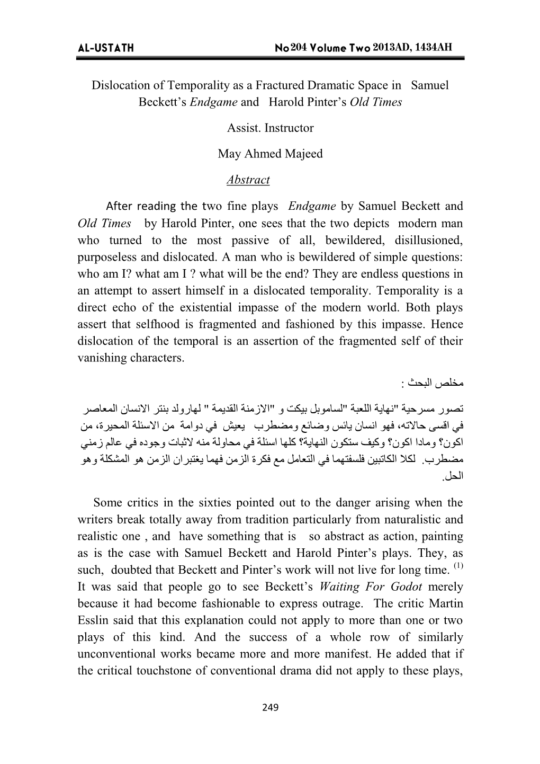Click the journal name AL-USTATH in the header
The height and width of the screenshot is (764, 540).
[x=106, y=48]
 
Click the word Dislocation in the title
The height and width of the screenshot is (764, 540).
[x=122, y=85]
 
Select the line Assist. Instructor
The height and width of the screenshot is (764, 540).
[x=270, y=128]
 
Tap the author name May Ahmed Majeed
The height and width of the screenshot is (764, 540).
[x=270, y=154]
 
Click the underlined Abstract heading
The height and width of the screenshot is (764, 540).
[x=248, y=180]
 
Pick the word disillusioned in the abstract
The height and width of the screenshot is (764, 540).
[x=428, y=240]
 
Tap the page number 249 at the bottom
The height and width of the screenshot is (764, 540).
[x=270, y=708]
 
